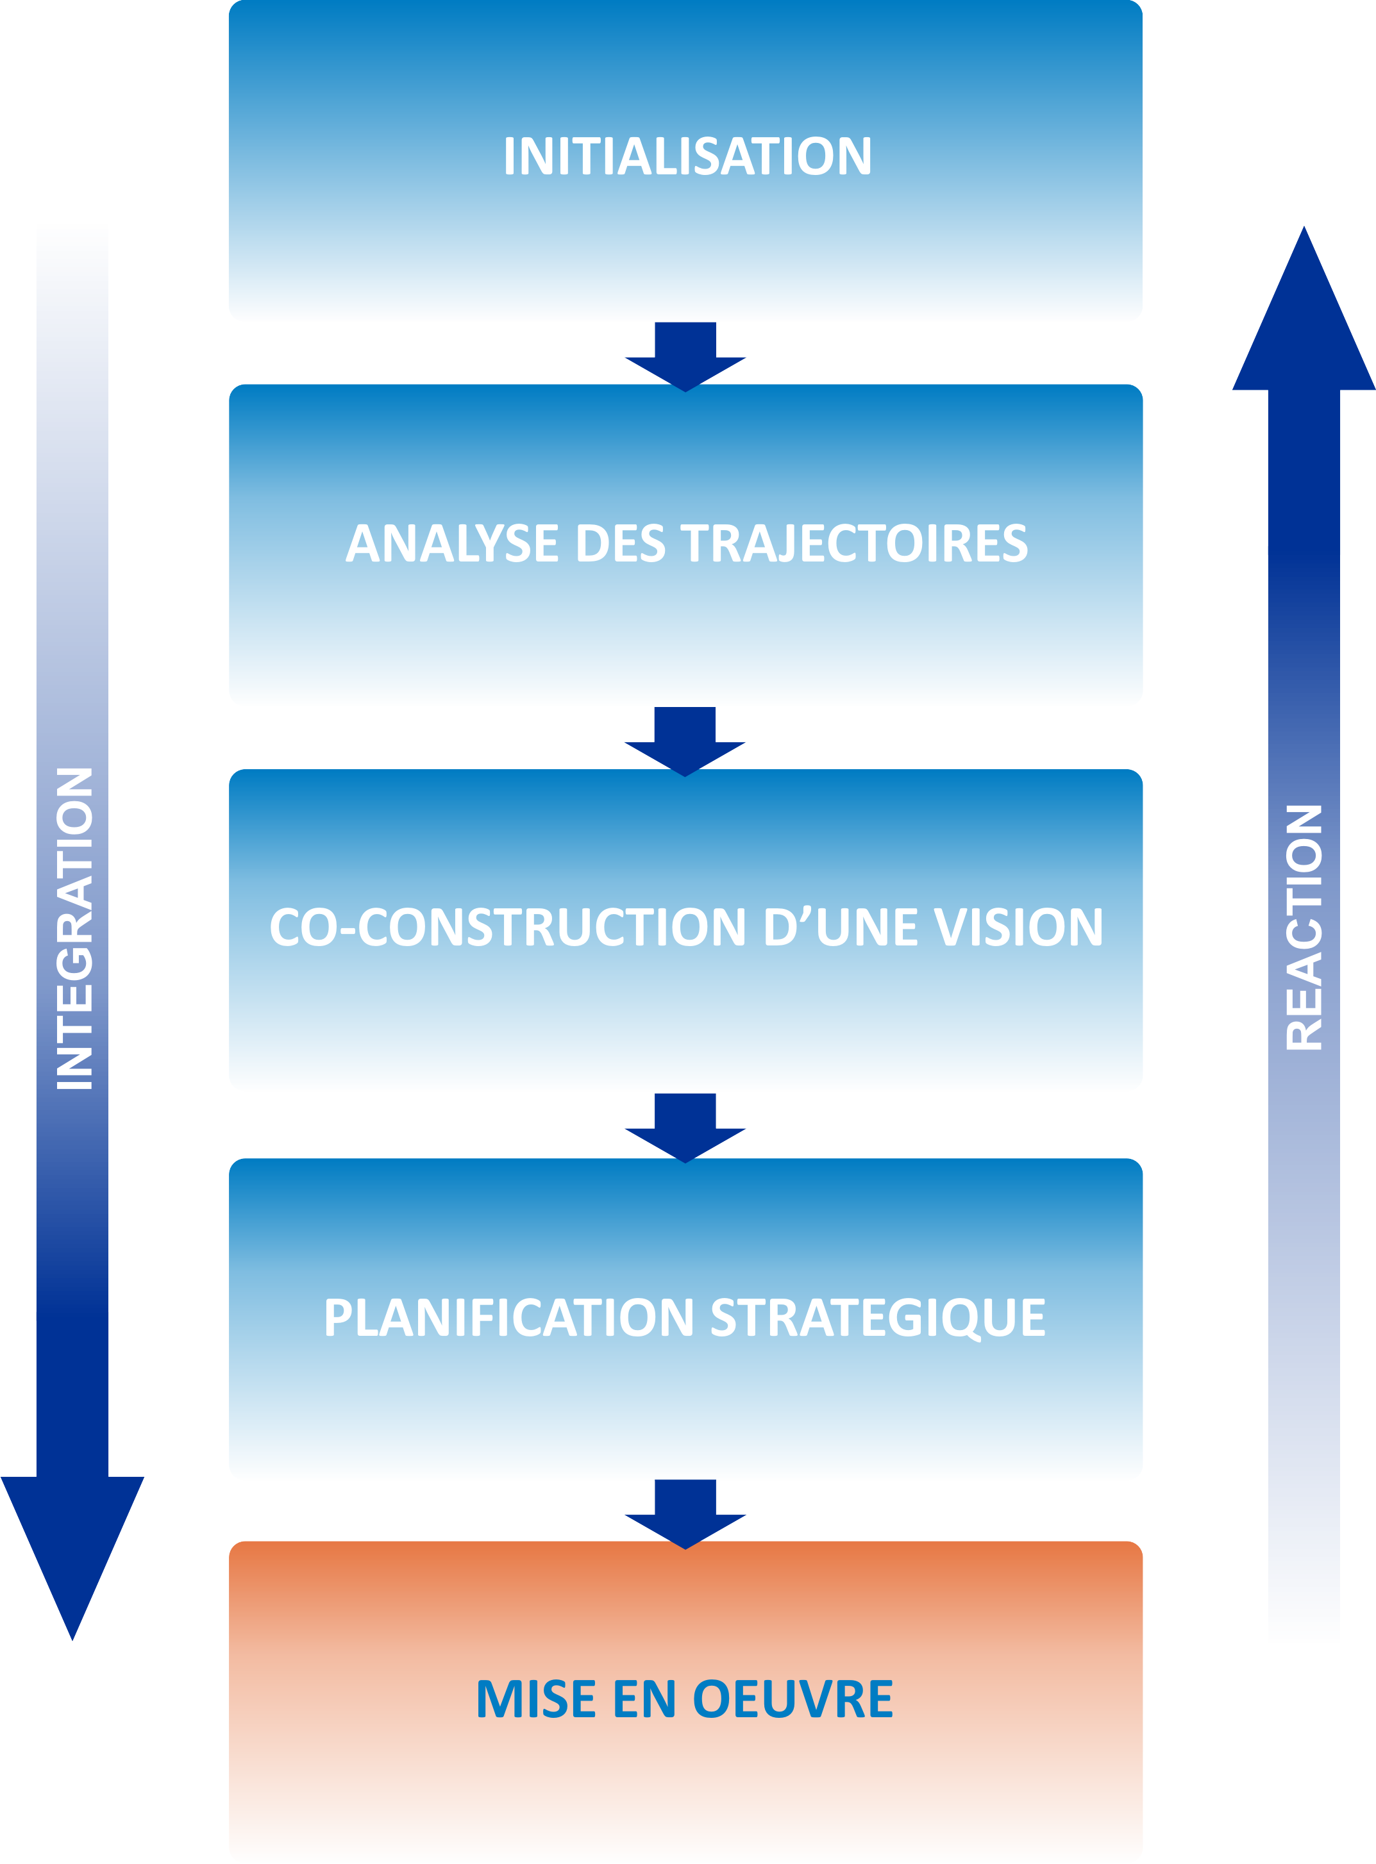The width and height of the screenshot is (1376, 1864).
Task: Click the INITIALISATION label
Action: (x=687, y=156)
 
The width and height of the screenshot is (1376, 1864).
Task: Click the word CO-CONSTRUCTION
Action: (x=507, y=927)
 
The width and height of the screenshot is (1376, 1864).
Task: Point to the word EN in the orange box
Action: (x=644, y=1699)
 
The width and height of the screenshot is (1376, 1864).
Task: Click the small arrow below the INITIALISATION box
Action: (x=685, y=356)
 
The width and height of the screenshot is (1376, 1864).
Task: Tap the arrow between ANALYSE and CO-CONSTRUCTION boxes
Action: (x=685, y=741)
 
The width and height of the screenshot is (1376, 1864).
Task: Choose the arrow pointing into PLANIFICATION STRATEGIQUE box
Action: (x=685, y=1128)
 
